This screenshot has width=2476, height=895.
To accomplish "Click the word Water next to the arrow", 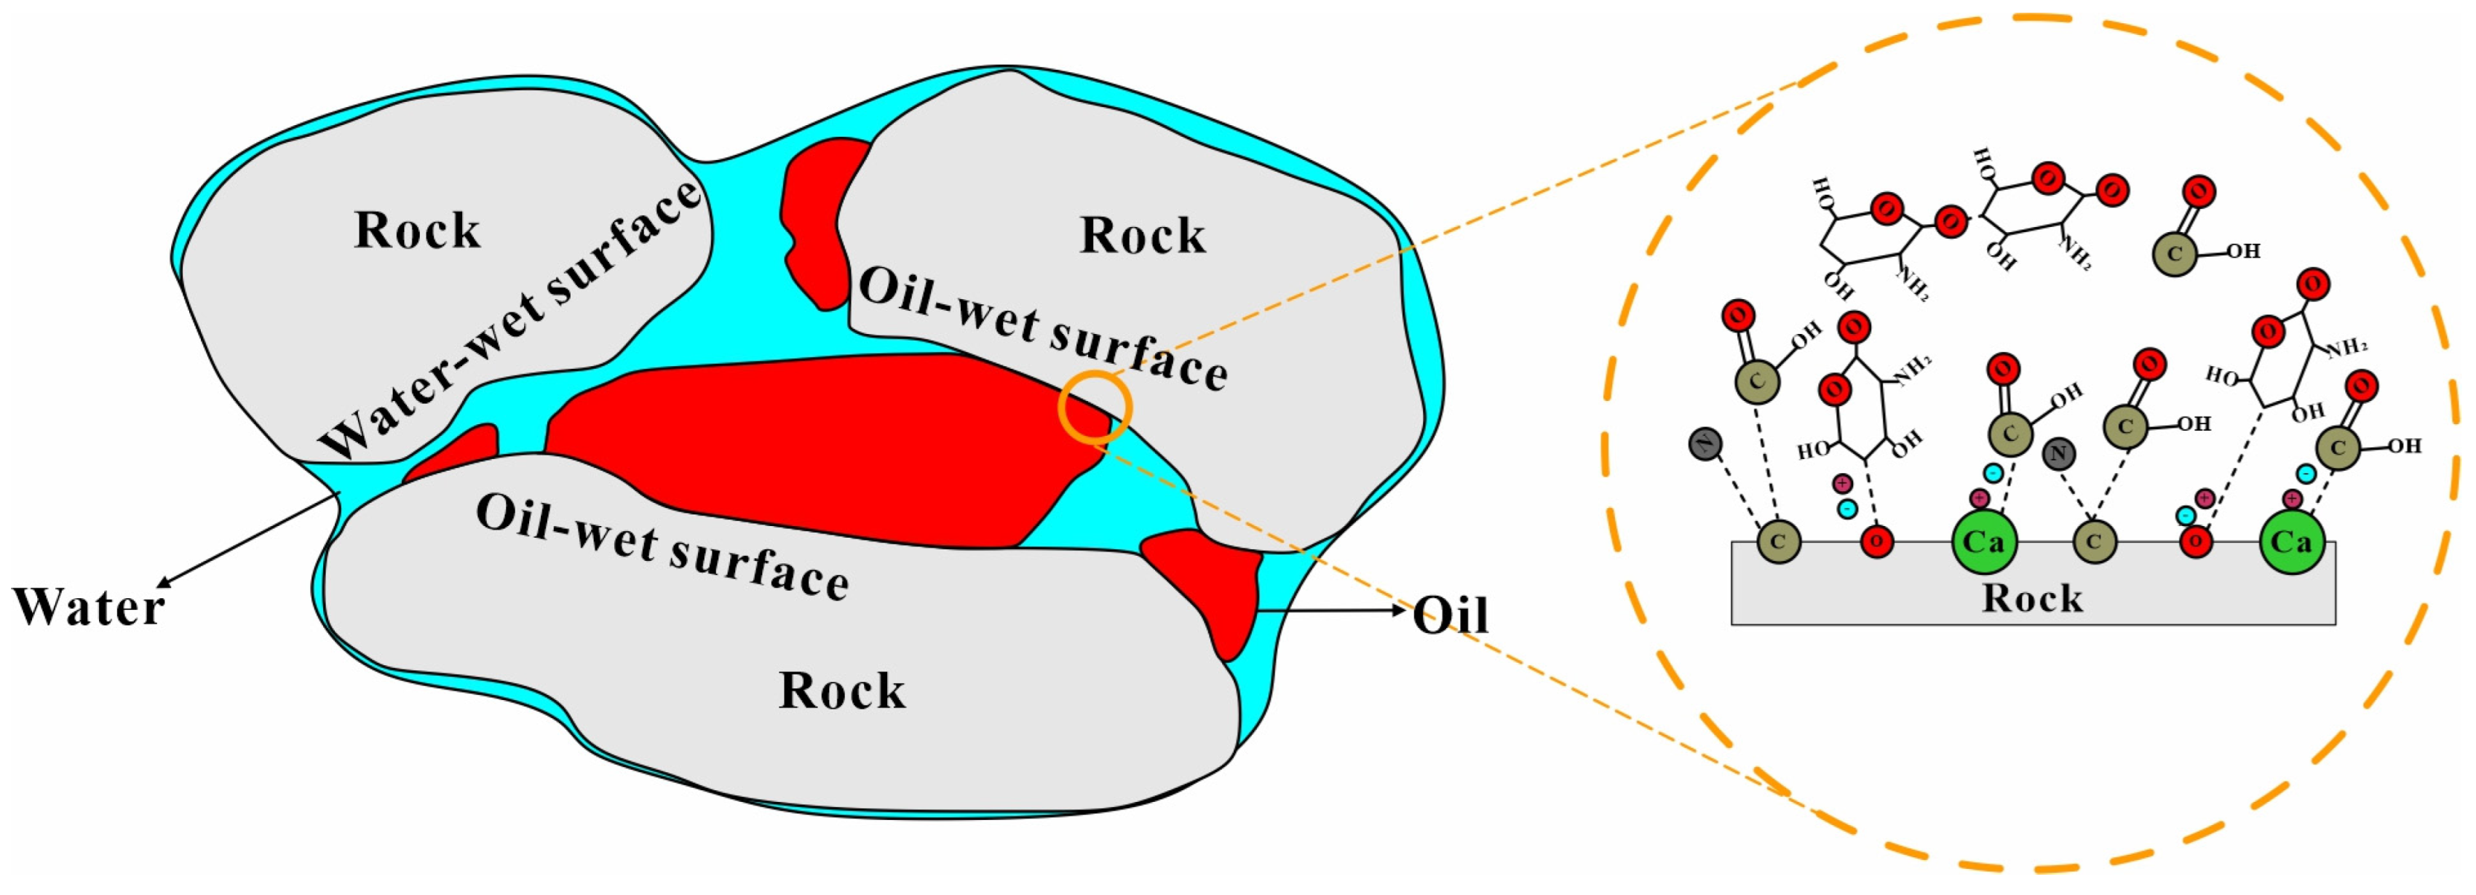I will (89, 607).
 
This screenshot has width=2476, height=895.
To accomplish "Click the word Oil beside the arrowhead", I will (1451, 616).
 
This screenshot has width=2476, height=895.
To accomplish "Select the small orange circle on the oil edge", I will (1095, 407).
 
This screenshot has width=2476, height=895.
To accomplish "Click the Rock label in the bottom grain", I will (842, 691).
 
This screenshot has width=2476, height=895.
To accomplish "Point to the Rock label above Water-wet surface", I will (417, 231).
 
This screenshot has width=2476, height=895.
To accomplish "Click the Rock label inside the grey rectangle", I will (2032, 599).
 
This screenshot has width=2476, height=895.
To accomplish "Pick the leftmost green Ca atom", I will (1984, 542).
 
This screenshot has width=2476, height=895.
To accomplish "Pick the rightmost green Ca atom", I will (2290, 542).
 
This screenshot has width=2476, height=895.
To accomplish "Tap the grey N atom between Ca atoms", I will (2058, 454).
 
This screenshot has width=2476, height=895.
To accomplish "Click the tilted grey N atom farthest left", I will (1705, 444).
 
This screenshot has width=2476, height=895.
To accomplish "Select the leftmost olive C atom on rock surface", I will (1777, 542).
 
